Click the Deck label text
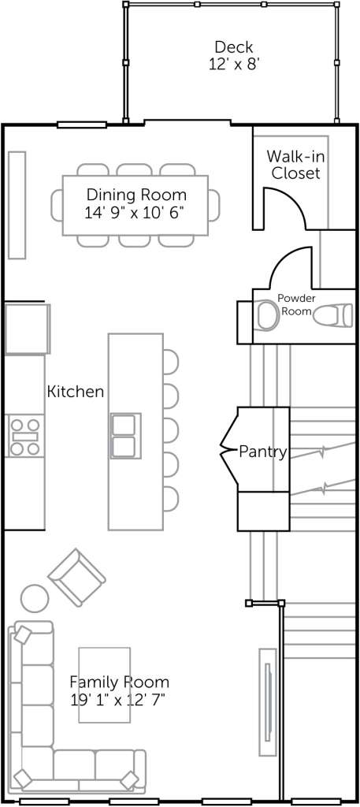click(233, 47)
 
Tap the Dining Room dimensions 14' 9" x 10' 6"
click(134, 213)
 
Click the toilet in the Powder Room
click(333, 315)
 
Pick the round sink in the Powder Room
click(267, 315)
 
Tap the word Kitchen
click(76, 392)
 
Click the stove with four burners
click(25, 437)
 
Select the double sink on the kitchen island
click(126, 435)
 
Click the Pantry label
click(262, 452)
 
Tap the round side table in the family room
click(35, 599)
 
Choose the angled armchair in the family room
click(76, 577)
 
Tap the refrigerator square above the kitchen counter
click(28, 329)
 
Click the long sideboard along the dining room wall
click(17, 205)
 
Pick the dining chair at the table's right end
click(214, 205)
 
